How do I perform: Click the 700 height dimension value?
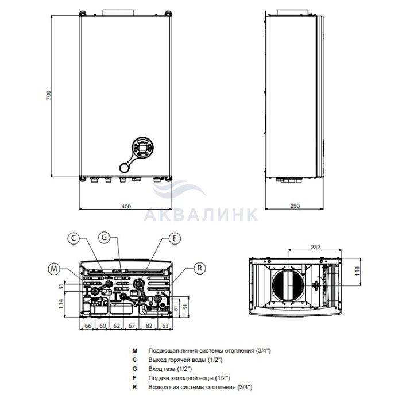coord(49,95)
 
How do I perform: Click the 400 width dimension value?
coord(126,206)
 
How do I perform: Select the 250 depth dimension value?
coord(295,206)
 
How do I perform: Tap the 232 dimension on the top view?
coord(315,247)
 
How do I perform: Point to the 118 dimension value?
coord(357,271)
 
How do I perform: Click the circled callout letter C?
coord(74,238)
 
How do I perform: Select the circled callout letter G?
coord(104,238)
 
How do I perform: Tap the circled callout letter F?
coord(175,238)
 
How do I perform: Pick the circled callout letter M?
coord(54,268)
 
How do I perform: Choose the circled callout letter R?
coord(199,268)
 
